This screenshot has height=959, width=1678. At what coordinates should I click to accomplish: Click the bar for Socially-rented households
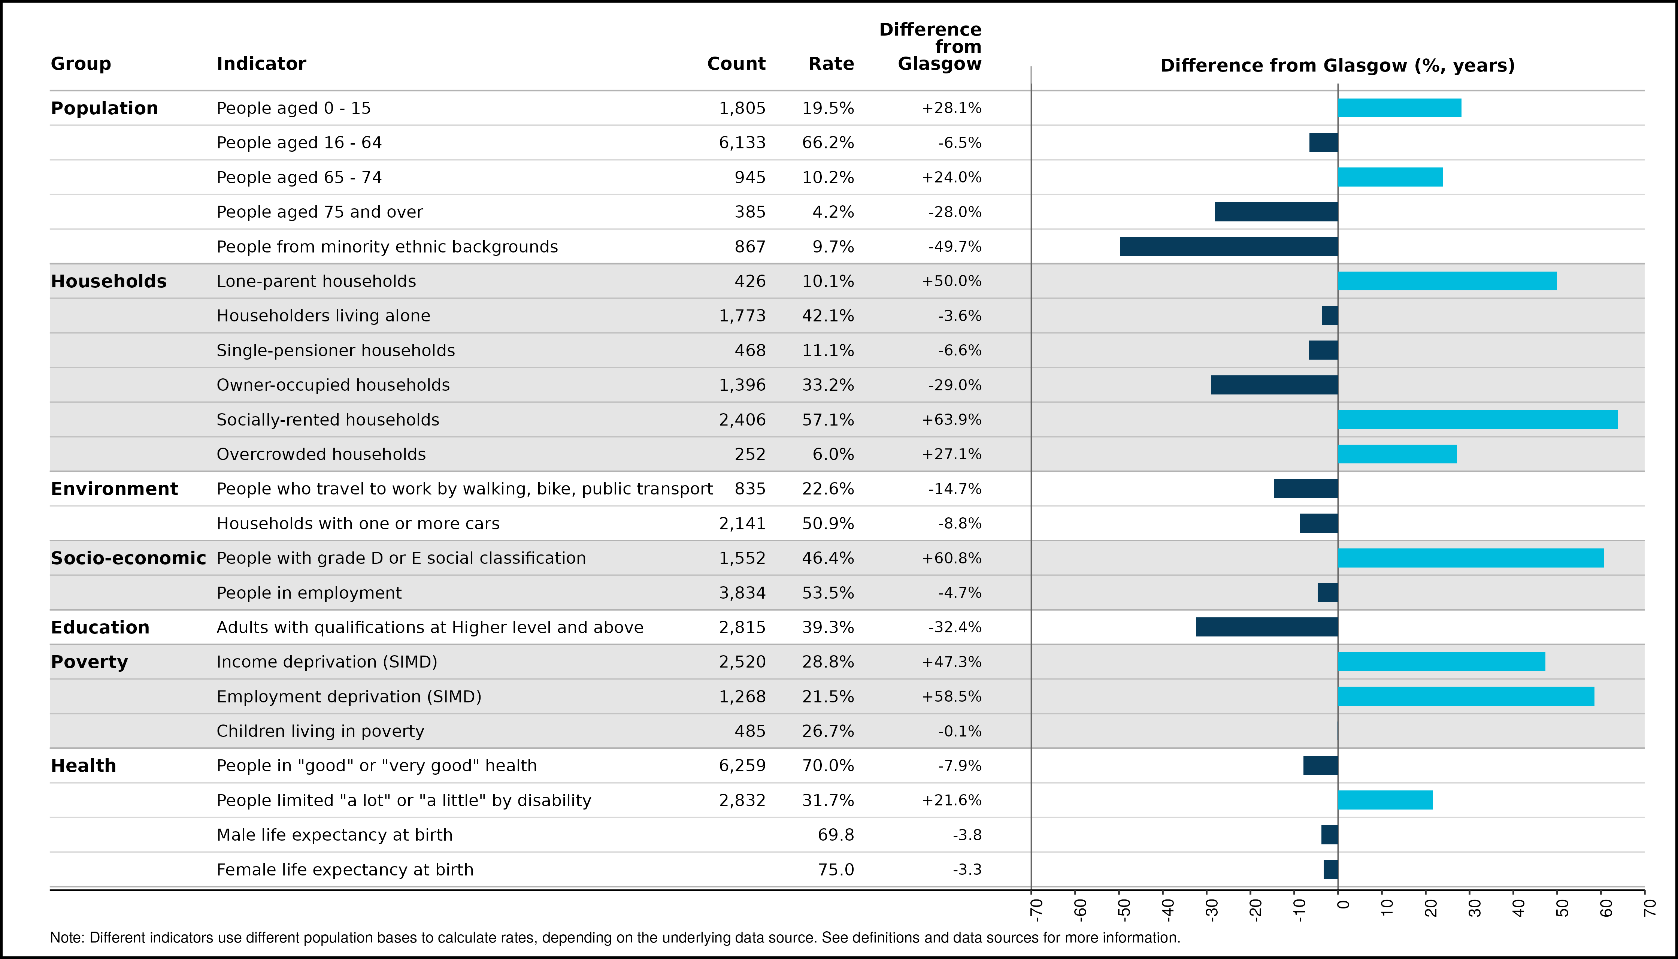[1477, 420]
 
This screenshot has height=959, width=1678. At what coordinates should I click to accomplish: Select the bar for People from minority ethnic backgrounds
[1229, 246]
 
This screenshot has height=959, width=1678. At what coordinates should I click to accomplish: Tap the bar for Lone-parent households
[1447, 281]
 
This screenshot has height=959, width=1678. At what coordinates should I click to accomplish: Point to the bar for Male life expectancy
[1330, 835]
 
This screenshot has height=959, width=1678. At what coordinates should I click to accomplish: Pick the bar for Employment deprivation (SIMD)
[1466, 696]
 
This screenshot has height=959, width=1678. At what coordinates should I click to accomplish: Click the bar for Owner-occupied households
[1274, 385]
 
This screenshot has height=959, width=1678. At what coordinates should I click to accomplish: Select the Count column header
[736, 64]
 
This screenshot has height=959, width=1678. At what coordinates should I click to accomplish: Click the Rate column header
[831, 64]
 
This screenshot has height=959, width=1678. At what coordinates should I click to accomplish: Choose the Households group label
[109, 281]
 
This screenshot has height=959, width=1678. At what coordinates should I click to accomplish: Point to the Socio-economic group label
[128, 558]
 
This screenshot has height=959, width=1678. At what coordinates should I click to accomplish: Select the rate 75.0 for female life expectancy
[836, 869]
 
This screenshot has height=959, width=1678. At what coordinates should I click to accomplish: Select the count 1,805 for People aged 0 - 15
[742, 108]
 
